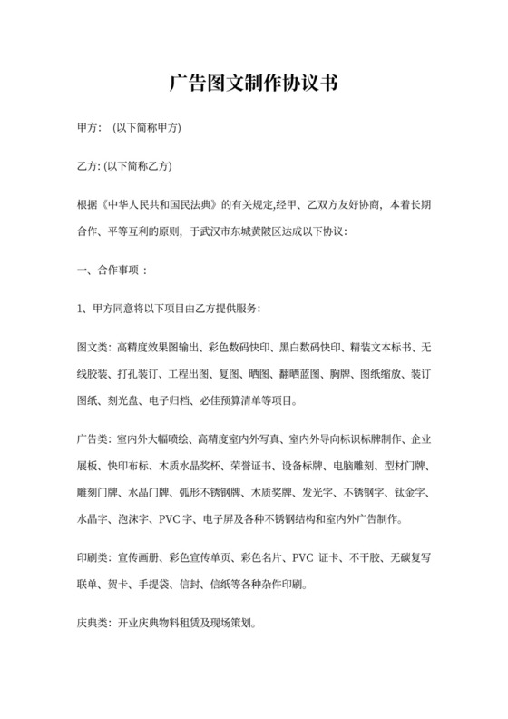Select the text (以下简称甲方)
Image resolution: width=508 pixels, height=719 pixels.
click(x=146, y=128)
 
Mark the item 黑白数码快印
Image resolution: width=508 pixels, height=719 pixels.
click(x=311, y=348)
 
